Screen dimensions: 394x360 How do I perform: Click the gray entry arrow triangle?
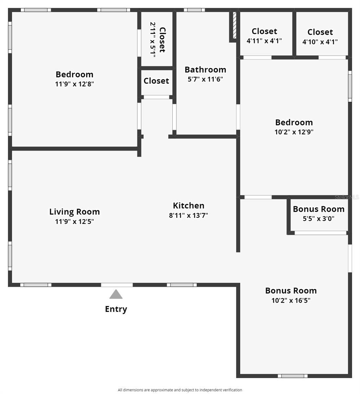point(116,295)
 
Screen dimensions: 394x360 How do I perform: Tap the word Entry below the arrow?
point(116,309)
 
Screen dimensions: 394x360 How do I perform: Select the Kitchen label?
point(188,206)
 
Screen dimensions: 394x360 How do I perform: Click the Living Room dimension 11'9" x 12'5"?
point(74,222)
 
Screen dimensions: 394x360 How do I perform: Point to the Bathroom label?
point(205,70)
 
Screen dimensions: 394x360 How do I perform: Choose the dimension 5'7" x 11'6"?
point(205,79)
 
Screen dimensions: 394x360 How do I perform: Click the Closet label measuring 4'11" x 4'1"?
point(264,32)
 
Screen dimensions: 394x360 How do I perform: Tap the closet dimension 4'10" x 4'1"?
point(320,42)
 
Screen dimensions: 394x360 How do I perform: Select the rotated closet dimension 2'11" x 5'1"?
point(153,40)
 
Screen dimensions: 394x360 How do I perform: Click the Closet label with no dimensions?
point(156,81)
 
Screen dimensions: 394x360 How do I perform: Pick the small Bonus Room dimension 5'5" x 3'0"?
point(318,219)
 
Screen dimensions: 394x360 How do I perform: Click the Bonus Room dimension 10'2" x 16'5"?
point(291,300)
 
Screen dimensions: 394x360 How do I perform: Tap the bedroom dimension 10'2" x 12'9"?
point(294,132)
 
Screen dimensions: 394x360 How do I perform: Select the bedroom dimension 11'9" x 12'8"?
point(74,84)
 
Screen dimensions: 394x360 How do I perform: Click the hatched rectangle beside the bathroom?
point(234,26)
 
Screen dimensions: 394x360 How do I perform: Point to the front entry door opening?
point(117,285)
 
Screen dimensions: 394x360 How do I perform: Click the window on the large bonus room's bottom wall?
point(292,376)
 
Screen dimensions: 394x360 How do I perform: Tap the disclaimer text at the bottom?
point(180,390)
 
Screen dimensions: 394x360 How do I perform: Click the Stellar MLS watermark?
point(347,197)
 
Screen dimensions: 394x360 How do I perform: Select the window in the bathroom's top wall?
point(194,10)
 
